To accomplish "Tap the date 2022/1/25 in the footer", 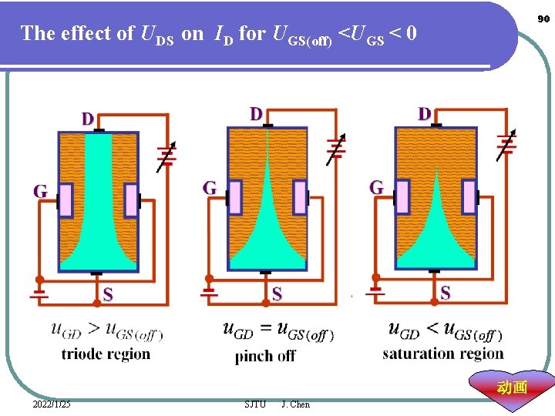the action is tap(52, 404).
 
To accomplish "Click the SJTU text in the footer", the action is tap(255, 404).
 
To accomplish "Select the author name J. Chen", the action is tap(296, 404).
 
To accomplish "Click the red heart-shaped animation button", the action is tap(513, 387).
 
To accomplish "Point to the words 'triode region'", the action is tap(106, 354).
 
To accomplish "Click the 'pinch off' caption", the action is tap(265, 356).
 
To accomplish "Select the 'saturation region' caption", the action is tap(442, 354).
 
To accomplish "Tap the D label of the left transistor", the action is tap(89, 119).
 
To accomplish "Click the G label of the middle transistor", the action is tap(209, 187).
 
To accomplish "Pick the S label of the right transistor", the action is tap(446, 293).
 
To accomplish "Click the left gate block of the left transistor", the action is tap(66, 200).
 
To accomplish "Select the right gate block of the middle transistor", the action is tap(300, 196).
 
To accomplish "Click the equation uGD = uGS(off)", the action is tap(277, 331).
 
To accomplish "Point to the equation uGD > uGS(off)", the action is tap(106, 330).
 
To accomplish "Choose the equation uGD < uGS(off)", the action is tap(445, 331).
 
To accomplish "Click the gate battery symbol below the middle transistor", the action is tap(208, 292).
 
